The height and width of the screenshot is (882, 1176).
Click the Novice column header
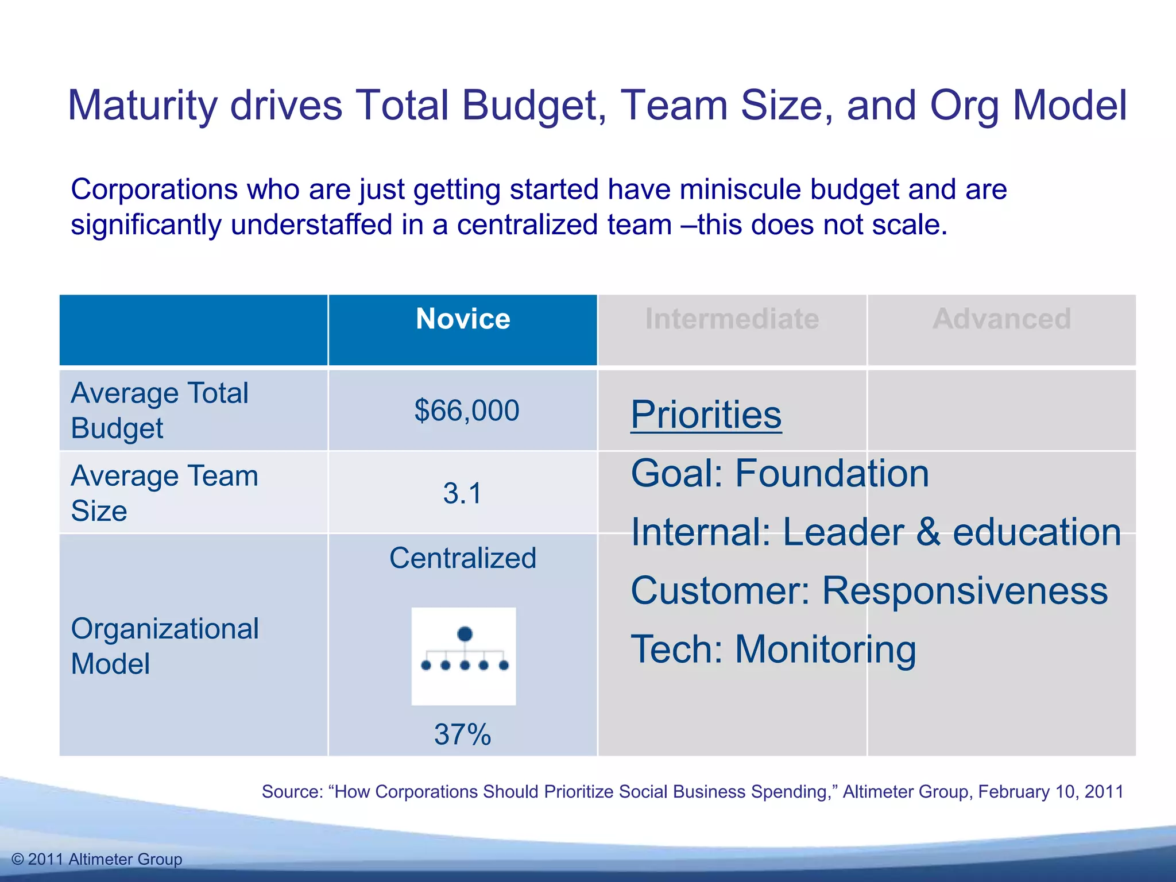(463, 319)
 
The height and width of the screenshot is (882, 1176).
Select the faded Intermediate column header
(732, 319)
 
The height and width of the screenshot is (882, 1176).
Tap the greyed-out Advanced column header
(1002, 319)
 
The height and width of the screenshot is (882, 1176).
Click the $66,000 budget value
(467, 411)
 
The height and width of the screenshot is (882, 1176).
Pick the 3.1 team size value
(462, 493)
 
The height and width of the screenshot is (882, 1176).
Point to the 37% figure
(462, 734)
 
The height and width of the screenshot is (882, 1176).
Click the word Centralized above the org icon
(463, 558)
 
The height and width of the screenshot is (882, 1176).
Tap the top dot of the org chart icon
(465, 634)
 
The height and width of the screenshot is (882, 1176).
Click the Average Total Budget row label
(160, 411)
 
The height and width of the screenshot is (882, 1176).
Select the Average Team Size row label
(164, 493)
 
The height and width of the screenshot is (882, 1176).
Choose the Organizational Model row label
(164, 646)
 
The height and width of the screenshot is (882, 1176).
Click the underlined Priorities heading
(706, 415)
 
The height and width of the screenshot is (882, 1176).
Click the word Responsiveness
(965, 591)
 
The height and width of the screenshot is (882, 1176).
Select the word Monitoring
(825, 649)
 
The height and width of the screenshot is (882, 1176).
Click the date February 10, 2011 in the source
(1050, 791)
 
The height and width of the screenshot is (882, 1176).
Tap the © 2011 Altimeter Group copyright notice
(97, 859)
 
